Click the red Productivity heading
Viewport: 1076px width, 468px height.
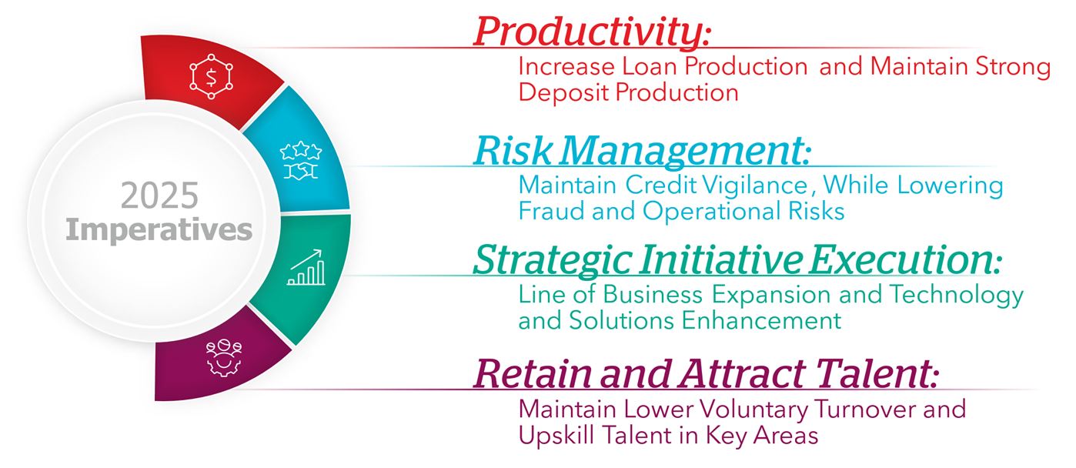click(591, 32)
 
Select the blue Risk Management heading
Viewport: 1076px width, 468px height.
click(642, 151)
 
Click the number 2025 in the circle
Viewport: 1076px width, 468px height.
click(159, 197)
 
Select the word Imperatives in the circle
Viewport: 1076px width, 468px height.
click(159, 229)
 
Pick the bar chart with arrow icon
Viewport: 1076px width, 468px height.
click(306, 268)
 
